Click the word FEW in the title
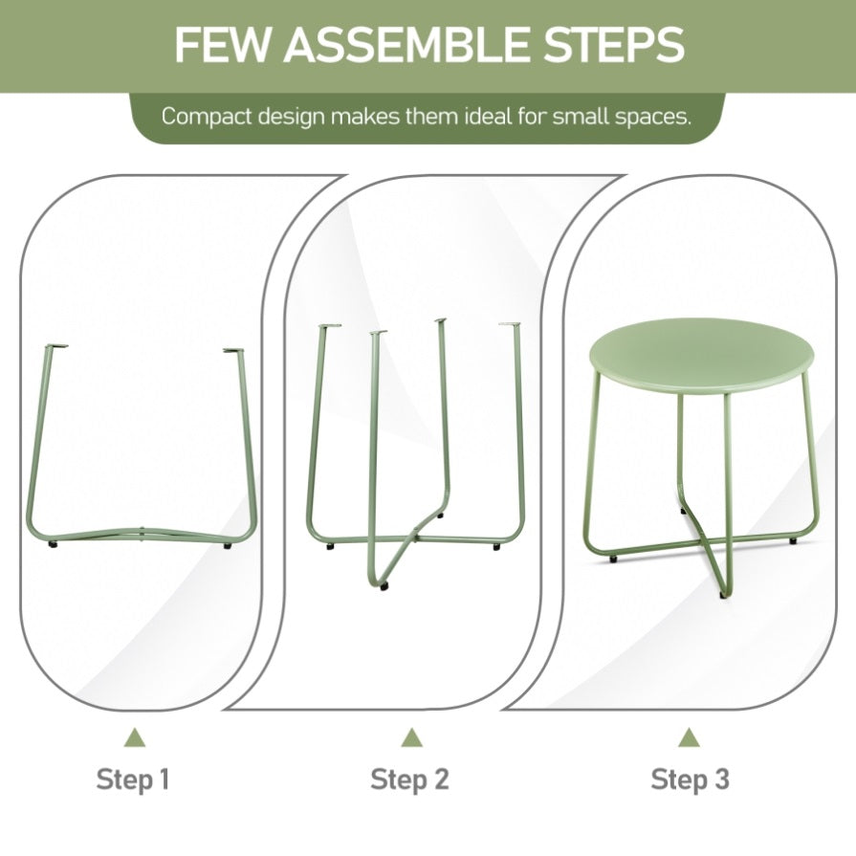tap(221, 44)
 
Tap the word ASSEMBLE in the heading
tap(406, 44)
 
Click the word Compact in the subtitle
tap(207, 117)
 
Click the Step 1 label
tap(133, 779)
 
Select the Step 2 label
tap(409, 779)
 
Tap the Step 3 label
tap(690, 779)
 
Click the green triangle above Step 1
tap(135, 737)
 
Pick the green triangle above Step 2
tap(412, 737)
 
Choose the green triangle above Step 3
tap(689, 737)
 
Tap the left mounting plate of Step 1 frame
tap(55, 346)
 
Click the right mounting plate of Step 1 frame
tap(233, 350)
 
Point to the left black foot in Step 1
tap(53, 544)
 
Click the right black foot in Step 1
tap(228, 545)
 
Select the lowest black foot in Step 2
tap(384, 587)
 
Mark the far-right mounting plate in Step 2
tap(509, 324)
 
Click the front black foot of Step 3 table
tap(723, 596)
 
